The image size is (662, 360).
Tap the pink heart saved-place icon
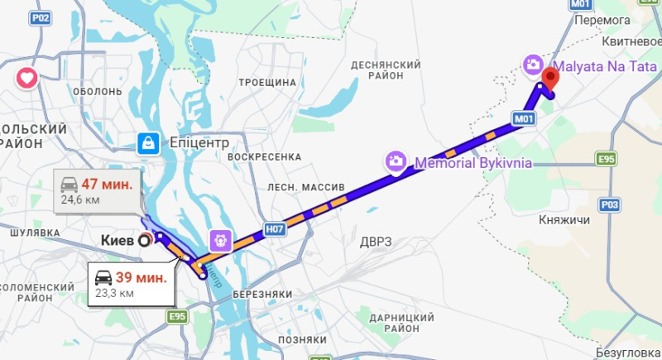(26, 79)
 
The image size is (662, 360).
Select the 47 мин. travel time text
(108, 184)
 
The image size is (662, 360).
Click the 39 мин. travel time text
(142, 277)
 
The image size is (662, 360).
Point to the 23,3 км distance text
(114, 293)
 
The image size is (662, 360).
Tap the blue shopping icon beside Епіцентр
(148, 143)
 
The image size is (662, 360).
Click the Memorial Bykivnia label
(473, 162)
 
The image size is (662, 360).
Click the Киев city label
(118, 240)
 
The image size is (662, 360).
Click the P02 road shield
(39, 17)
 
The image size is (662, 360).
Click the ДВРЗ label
(376, 242)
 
